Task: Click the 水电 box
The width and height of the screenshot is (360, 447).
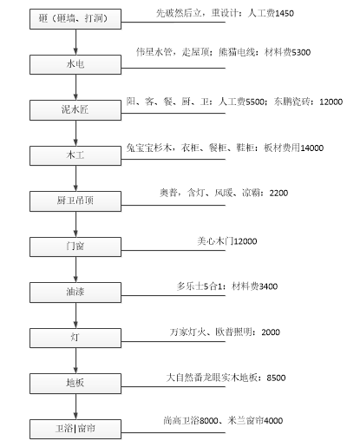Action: click(x=75, y=64)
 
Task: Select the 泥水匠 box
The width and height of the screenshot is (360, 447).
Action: click(x=75, y=110)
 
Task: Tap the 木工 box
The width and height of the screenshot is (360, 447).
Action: click(x=75, y=155)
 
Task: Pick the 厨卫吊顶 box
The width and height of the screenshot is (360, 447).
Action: click(x=75, y=201)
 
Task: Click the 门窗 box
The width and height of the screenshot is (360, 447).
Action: click(x=75, y=247)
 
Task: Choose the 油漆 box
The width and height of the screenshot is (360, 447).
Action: click(x=75, y=293)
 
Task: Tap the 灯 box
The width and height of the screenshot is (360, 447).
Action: click(x=75, y=338)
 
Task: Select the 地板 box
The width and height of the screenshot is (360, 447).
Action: click(x=75, y=384)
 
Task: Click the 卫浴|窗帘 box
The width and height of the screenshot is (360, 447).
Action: click(x=75, y=429)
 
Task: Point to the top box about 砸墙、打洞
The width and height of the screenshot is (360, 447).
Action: click(x=75, y=19)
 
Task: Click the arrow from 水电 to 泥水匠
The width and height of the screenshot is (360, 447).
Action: click(x=75, y=87)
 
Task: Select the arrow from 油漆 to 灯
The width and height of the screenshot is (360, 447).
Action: click(x=75, y=315)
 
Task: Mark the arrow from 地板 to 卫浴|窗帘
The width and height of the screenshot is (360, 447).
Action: click(x=75, y=406)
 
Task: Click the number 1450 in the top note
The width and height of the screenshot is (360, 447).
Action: click(x=285, y=14)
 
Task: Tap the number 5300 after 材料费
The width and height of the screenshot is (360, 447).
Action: click(x=301, y=52)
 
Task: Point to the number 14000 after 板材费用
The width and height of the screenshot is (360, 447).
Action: click(x=312, y=148)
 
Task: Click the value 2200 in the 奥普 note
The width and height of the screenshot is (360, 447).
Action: click(x=278, y=193)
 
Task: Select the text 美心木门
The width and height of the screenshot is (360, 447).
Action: click(x=215, y=241)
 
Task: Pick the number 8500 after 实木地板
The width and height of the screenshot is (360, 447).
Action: click(x=276, y=378)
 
